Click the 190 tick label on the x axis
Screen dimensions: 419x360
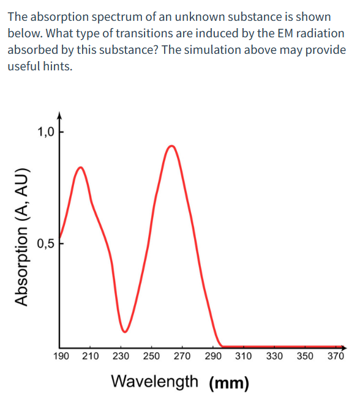[x=61, y=355]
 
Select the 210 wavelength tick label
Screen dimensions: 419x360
[x=91, y=355]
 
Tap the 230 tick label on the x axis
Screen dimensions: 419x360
[x=121, y=355]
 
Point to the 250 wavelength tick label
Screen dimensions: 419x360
[x=152, y=355]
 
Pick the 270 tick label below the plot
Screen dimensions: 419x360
[x=182, y=355]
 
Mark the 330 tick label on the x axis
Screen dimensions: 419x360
[x=274, y=355]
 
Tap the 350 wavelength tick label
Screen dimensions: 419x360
[x=305, y=355]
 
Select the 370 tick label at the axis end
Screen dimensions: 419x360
[x=336, y=355]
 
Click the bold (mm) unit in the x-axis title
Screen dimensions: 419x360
[x=229, y=384]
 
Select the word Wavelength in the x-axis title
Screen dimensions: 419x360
[x=155, y=382]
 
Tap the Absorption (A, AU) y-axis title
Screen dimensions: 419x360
[x=22, y=236]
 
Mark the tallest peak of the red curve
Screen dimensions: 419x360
[x=172, y=146]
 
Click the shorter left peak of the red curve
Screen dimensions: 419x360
[x=80, y=167]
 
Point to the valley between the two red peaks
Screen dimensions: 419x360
[x=125, y=332]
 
